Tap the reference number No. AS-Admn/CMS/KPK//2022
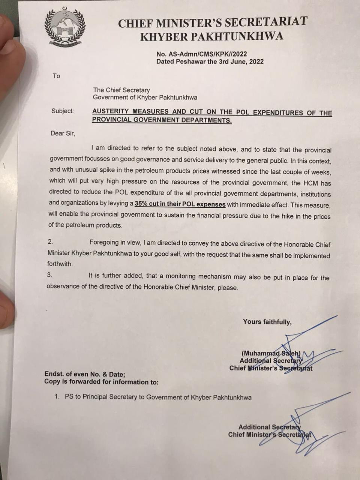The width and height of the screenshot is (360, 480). [202, 54]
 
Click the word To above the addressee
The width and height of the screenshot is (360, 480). [56, 76]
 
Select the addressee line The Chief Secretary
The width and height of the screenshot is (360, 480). [121, 90]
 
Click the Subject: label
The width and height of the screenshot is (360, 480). [63, 111]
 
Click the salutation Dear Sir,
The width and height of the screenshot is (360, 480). [63, 133]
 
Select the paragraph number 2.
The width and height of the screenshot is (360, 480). [50, 242]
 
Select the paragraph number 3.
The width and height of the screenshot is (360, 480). [49, 275]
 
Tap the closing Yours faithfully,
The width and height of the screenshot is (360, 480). [267, 322]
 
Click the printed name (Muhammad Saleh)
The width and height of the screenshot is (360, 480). [271, 353]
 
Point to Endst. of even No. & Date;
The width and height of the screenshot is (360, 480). [85, 374]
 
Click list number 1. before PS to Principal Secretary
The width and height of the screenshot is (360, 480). [57, 397]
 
